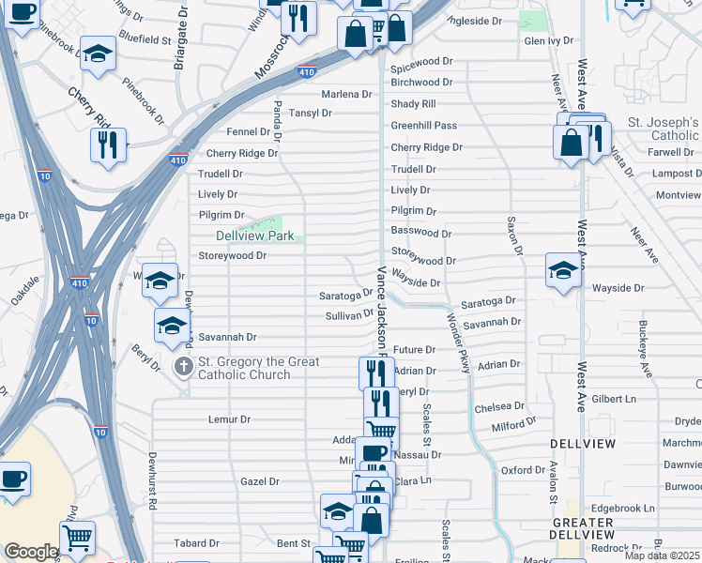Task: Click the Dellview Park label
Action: point(254,236)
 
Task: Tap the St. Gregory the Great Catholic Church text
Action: point(259,368)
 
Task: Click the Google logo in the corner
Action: point(30,553)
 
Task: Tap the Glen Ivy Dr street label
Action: point(548,41)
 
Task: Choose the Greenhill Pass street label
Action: point(423,126)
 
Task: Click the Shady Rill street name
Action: point(413,104)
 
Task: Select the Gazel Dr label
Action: point(260,481)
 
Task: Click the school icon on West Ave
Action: point(562,272)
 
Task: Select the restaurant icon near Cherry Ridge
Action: point(108,145)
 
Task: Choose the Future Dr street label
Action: point(414,349)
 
